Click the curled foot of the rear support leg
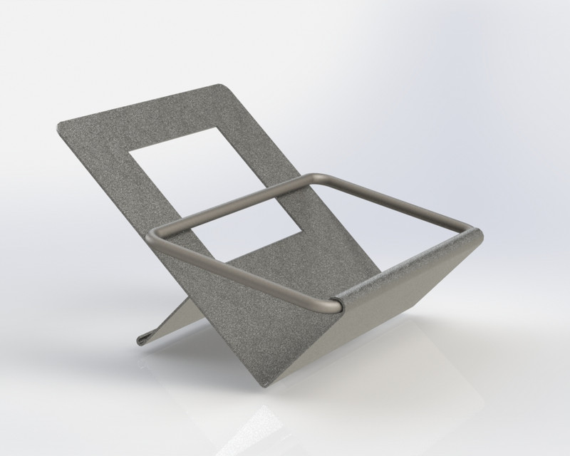tap(142, 339)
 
